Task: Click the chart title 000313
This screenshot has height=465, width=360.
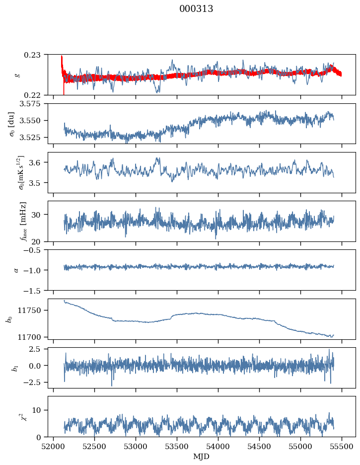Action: tap(196, 9)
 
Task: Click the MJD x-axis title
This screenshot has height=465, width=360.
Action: tap(202, 457)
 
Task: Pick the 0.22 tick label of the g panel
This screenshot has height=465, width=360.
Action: tap(36, 95)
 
